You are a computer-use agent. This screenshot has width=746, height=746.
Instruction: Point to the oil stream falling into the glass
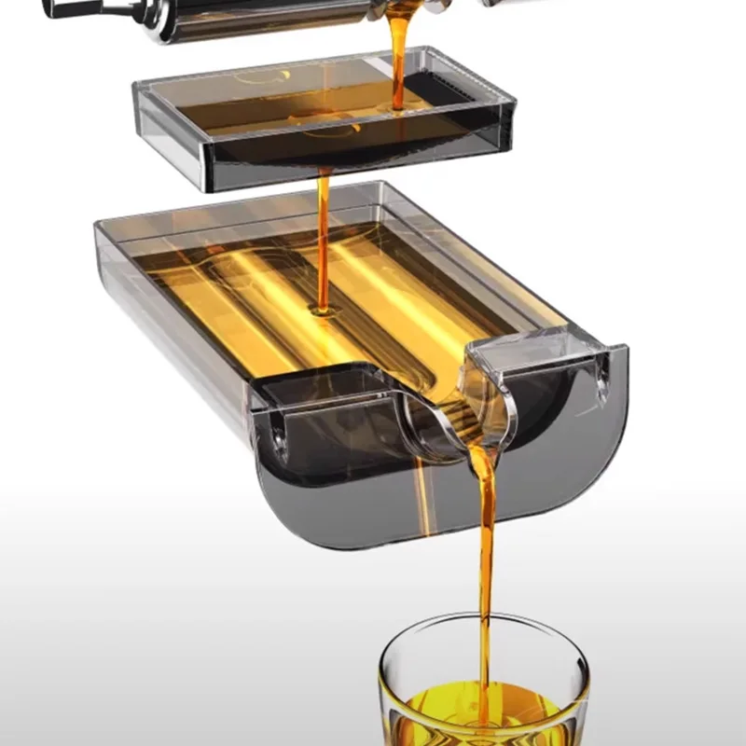point(485,559)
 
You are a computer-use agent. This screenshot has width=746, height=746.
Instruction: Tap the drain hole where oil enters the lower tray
point(323,310)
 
